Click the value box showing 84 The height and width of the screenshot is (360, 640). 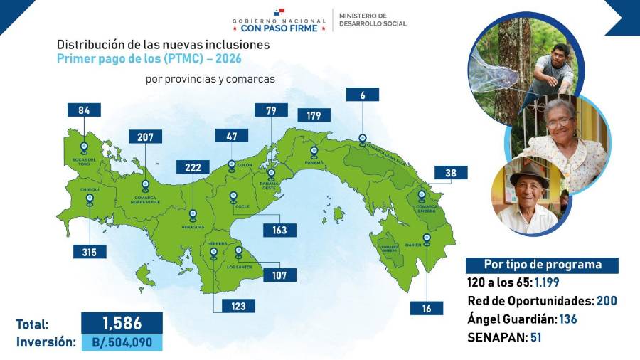click(x=83, y=110)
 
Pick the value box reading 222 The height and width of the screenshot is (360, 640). click(x=194, y=167)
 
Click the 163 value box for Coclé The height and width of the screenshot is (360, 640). click(x=278, y=230)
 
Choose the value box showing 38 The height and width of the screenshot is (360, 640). click(x=451, y=173)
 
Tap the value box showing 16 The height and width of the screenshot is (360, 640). click(x=426, y=307)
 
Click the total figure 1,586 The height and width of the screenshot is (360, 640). click(x=122, y=322)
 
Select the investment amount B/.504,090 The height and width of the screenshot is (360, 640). click(x=122, y=342)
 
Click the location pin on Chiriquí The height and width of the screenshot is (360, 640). click(x=90, y=200)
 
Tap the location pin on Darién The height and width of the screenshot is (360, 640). click(x=426, y=238)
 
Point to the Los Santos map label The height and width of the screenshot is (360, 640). click(x=239, y=266)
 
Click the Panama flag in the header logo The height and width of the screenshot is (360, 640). click(x=282, y=13)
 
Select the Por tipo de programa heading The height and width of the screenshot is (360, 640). click(x=542, y=265)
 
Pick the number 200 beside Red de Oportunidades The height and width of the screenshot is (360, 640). click(x=607, y=300)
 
